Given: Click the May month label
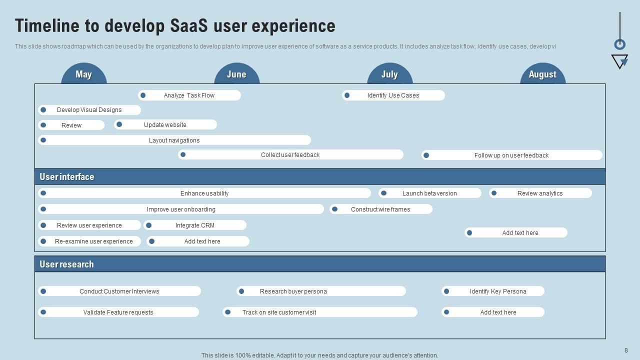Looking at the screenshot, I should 84,74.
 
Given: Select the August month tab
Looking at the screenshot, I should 542,74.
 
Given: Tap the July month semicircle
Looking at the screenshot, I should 389,74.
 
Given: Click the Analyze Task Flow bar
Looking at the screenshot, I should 189,95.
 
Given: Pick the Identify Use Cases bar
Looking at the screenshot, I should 393,95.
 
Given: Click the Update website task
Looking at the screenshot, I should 165,124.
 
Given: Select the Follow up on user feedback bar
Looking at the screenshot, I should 511,155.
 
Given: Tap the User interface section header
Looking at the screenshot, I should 67,176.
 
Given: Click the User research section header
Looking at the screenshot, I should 66,264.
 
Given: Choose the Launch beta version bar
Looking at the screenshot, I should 429,193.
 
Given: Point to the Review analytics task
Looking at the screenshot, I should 540,193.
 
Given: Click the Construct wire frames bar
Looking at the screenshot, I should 380,209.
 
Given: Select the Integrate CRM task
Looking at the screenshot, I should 195,225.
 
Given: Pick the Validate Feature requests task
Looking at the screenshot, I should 118,312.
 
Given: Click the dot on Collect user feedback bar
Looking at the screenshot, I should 183,154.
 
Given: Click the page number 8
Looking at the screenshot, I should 626,350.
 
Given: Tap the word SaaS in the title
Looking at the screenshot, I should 190,25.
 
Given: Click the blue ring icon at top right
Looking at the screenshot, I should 619,44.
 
